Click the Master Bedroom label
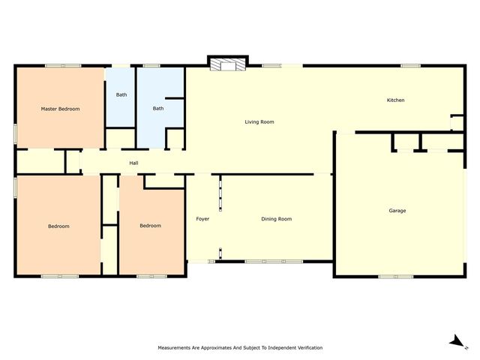click(60, 109)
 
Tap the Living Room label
click(259, 121)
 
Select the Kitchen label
click(395, 100)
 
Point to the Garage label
click(397, 211)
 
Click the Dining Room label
click(277, 219)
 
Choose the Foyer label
click(202, 219)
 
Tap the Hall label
click(133, 163)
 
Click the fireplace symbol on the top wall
click(228, 64)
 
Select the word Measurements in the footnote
click(174, 348)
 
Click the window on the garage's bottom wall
click(396, 277)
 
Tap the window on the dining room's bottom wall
click(274, 262)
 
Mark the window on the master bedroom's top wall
click(63, 66)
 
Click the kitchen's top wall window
click(410, 66)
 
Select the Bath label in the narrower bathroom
click(121, 95)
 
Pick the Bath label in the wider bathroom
click(158, 108)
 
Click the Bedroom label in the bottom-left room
click(58, 226)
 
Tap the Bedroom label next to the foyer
click(150, 226)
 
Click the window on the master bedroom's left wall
click(15, 133)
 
